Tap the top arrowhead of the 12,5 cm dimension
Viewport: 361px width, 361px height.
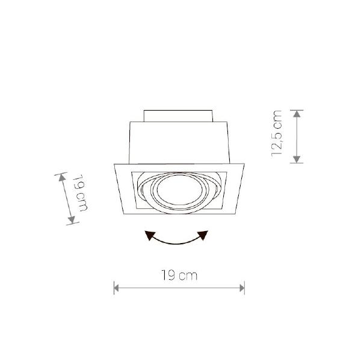tap(297, 113)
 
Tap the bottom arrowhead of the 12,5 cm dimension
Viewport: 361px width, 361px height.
tap(297, 160)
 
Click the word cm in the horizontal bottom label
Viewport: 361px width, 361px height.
tap(188, 276)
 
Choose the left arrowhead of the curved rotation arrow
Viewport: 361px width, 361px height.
tap(149, 236)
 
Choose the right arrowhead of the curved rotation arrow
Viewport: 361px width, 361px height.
tap(204, 235)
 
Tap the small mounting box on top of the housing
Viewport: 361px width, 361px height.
tap(179, 115)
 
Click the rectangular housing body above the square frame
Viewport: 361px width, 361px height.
tap(179, 142)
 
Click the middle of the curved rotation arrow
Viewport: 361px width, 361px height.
tap(176, 242)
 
